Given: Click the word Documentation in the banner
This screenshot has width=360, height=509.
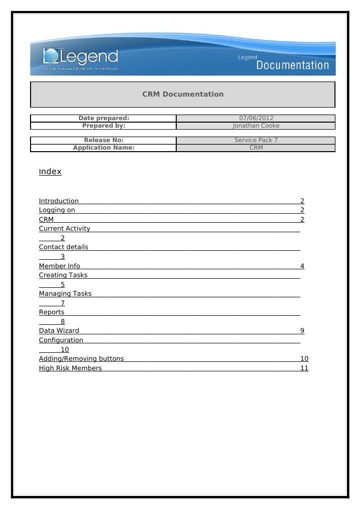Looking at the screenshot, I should (292, 65).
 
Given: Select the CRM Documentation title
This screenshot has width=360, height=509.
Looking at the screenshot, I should (183, 94).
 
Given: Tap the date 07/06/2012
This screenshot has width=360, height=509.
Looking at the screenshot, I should (256, 118).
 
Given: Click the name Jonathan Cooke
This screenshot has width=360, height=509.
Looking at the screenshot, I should (256, 126).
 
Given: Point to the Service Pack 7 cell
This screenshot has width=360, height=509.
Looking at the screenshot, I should (256, 140).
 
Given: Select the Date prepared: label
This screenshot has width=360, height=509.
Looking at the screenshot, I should (104, 118).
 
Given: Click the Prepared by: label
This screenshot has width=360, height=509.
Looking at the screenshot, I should (104, 126).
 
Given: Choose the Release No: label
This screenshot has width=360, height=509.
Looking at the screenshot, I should (104, 140).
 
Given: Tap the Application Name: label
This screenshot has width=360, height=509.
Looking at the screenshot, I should (104, 148).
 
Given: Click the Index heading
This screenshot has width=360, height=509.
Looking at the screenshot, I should (50, 172).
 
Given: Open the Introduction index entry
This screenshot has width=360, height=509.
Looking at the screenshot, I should (59, 201).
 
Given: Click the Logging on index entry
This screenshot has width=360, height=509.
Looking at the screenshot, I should (57, 210).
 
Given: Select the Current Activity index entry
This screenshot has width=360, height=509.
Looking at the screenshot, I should (65, 229).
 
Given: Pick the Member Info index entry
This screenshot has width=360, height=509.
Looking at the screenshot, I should (60, 266).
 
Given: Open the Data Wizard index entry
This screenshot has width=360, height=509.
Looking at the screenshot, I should (59, 331).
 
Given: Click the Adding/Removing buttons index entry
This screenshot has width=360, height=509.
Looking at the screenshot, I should (81, 359).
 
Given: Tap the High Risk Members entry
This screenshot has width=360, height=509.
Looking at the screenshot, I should (70, 368).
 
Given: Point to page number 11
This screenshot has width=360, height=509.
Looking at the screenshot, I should (304, 368).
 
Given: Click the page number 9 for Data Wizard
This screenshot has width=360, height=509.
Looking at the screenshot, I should (302, 331).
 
